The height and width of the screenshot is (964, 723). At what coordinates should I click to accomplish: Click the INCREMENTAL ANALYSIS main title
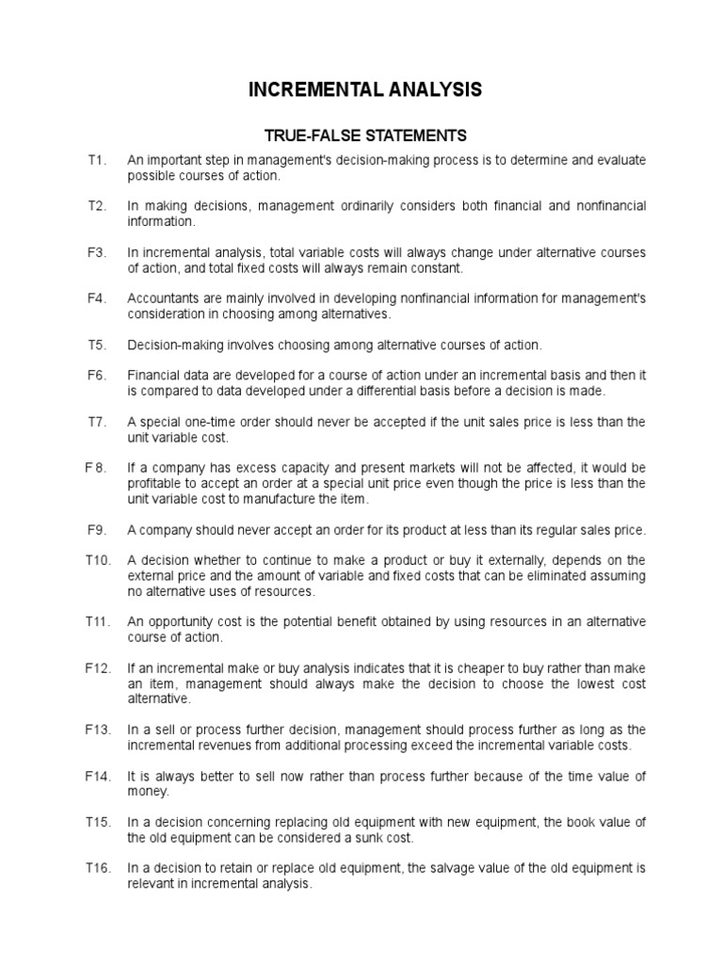(365, 89)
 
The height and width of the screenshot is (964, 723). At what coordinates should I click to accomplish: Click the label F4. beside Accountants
(99, 298)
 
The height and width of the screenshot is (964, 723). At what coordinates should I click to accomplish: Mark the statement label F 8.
(97, 467)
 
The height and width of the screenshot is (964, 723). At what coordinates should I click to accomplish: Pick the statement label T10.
(98, 559)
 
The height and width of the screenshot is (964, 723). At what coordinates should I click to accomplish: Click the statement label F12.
(98, 667)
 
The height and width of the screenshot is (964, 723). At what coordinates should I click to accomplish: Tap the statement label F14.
(98, 776)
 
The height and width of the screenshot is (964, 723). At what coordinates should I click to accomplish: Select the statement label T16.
(98, 868)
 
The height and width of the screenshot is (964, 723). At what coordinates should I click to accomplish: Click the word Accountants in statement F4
(162, 298)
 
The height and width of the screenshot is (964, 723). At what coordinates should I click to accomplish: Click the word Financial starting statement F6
(153, 375)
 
